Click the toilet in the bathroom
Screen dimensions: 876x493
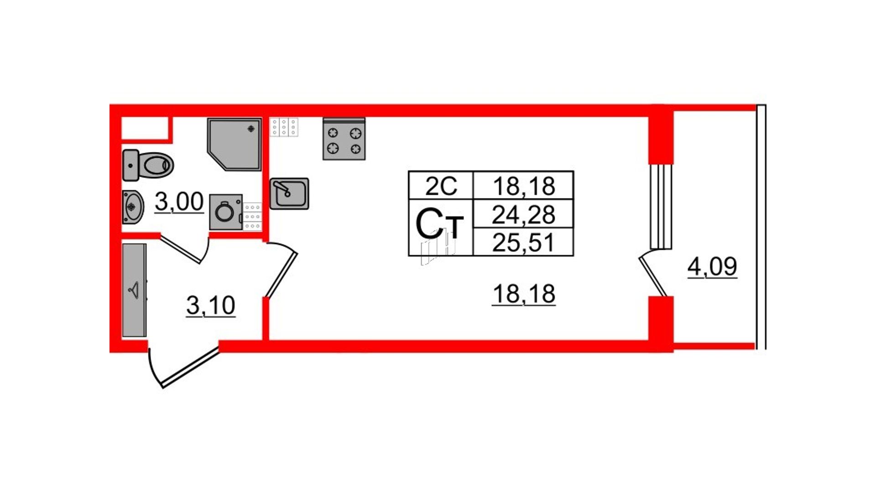pos(148,165)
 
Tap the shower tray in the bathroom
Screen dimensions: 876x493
pos(235,144)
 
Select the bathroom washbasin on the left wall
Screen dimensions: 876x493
pos(133,207)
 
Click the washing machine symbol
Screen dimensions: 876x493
pos(226,212)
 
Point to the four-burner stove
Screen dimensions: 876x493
pos(344,139)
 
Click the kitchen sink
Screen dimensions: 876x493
pos(289,194)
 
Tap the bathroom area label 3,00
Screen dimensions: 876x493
pos(179,202)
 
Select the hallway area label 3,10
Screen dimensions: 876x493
pos(211,305)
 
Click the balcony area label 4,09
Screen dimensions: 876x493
pos(712,267)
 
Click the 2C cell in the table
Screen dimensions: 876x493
pos(441,186)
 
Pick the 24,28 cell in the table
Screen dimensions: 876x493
pos(523,214)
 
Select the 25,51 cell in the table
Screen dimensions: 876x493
pos(523,241)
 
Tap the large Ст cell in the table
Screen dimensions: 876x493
pos(441,227)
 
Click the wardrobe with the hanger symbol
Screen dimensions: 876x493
pos(135,290)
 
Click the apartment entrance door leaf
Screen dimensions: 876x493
pos(191,368)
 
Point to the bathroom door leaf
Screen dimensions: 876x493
pos(180,249)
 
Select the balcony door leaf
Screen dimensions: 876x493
pos(653,276)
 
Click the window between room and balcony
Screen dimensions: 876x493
pos(661,206)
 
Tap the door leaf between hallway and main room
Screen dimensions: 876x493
pos(281,275)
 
